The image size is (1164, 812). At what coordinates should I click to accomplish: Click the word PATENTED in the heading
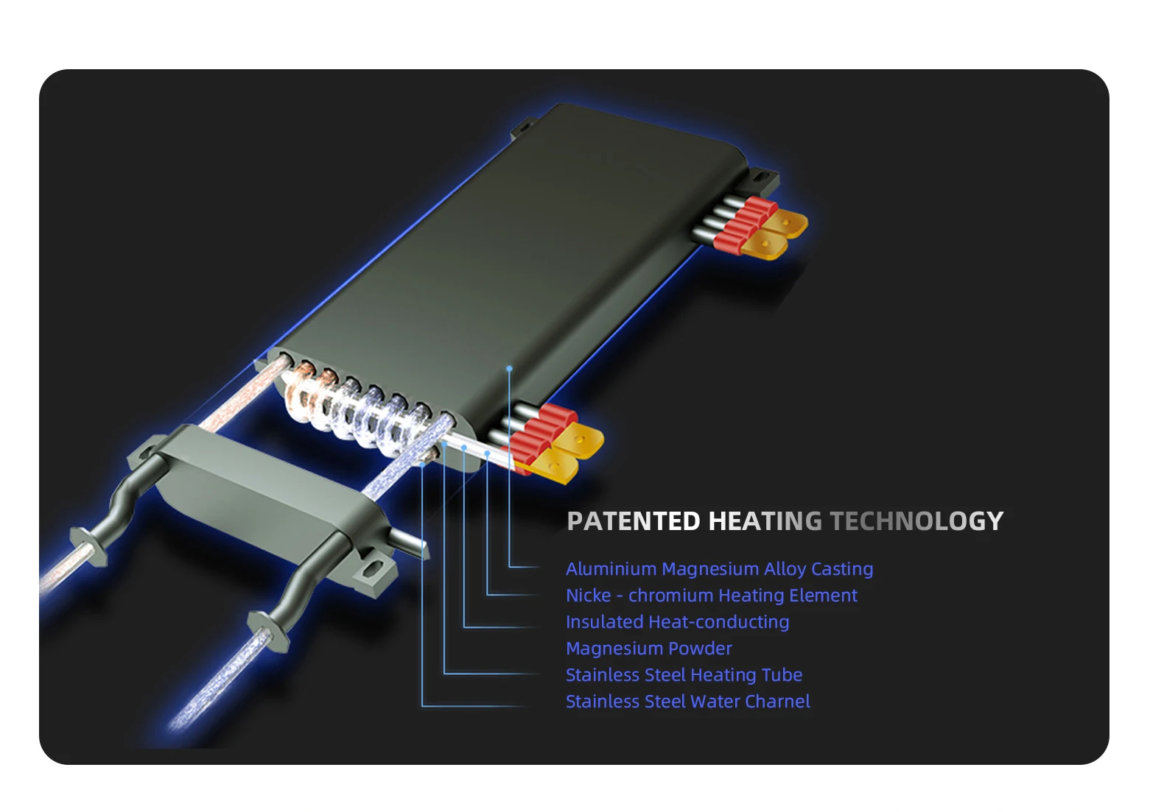click(633, 521)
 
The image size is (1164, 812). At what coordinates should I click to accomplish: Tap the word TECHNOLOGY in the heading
click(916, 521)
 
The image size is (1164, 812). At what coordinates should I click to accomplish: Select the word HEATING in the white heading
click(765, 521)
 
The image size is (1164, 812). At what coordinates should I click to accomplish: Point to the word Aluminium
click(611, 569)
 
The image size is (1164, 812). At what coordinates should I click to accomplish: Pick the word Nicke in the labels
click(588, 596)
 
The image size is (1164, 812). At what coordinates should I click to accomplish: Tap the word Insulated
click(604, 622)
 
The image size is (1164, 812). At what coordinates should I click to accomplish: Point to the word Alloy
click(785, 569)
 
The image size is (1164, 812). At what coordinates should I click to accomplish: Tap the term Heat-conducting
click(718, 622)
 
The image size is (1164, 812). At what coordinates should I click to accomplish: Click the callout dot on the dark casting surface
click(509, 368)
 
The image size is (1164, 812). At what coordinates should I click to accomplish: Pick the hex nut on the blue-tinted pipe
click(268, 629)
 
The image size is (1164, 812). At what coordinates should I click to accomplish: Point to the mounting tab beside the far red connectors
click(763, 177)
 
